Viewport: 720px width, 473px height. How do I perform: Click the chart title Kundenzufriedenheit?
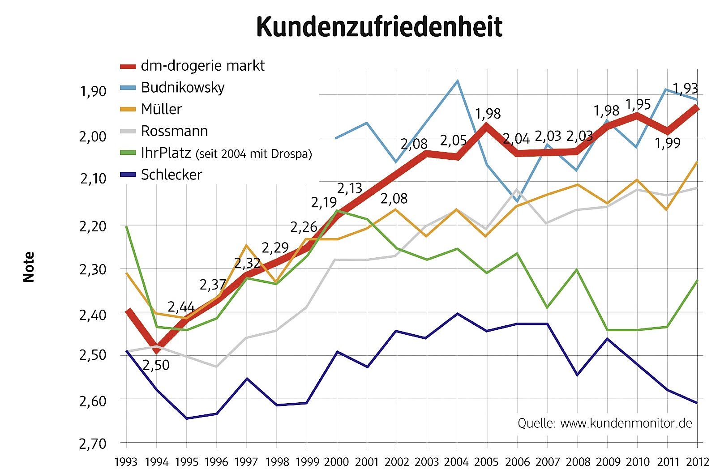[x=379, y=27]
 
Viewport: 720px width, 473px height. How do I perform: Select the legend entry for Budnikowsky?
[x=182, y=87]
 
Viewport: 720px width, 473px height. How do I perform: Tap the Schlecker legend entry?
[x=171, y=175]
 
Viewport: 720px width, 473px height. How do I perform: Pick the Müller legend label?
[x=161, y=109]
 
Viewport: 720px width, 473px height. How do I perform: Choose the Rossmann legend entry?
[x=174, y=131]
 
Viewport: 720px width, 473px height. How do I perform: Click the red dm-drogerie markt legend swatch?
[x=128, y=66]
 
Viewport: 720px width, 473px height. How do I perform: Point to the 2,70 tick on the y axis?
[x=93, y=444]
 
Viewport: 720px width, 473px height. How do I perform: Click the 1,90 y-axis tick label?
[x=93, y=91]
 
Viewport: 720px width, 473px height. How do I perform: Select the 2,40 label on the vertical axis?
[x=93, y=315]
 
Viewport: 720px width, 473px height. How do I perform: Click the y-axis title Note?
[x=29, y=267]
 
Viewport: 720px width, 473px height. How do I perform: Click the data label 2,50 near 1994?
[x=156, y=365]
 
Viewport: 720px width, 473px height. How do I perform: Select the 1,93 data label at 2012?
[x=685, y=88]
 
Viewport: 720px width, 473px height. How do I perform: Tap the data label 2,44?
[x=181, y=307]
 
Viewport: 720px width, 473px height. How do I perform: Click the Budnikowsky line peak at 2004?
[x=457, y=81]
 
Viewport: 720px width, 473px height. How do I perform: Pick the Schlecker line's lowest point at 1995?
[x=187, y=418]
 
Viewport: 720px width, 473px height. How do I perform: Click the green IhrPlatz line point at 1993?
[x=127, y=227]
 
